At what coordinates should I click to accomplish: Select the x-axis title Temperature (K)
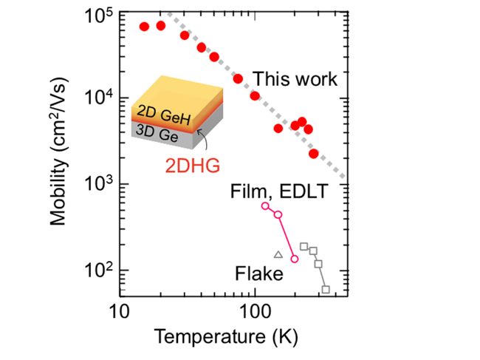[226, 337]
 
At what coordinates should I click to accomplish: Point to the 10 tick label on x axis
[119, 312]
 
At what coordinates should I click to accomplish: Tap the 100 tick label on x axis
[255, 312]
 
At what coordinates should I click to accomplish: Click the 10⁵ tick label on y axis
[98, 16]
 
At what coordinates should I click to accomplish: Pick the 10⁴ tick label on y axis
[98, 98]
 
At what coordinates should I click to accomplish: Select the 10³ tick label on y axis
[98, 184]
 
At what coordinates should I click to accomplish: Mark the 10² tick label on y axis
[98, 271]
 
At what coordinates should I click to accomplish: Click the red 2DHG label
[193, 166]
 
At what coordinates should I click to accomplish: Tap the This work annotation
[295, 79]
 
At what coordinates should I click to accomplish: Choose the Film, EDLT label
[279, 191]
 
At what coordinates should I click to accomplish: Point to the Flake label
[259, 274]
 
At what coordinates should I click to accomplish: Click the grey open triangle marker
[278, 254]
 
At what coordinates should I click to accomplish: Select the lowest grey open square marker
[326, 289]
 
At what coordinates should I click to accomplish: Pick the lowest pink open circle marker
[295, 259]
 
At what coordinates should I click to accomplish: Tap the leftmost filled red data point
[144, 27]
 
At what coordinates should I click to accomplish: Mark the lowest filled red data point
[313, 154]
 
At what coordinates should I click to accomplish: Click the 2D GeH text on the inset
[164, 115]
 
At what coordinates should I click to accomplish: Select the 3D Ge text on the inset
[157, 134]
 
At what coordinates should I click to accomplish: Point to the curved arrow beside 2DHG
[205, 139]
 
